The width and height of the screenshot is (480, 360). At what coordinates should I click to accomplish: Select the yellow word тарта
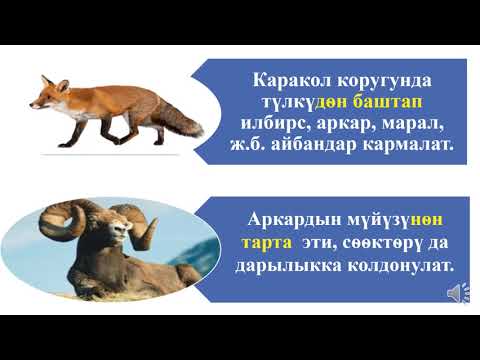pyautogui.click(x=264, y=244)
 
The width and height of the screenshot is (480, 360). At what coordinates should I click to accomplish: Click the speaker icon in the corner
pyautogui.click(x=454, y=293)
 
